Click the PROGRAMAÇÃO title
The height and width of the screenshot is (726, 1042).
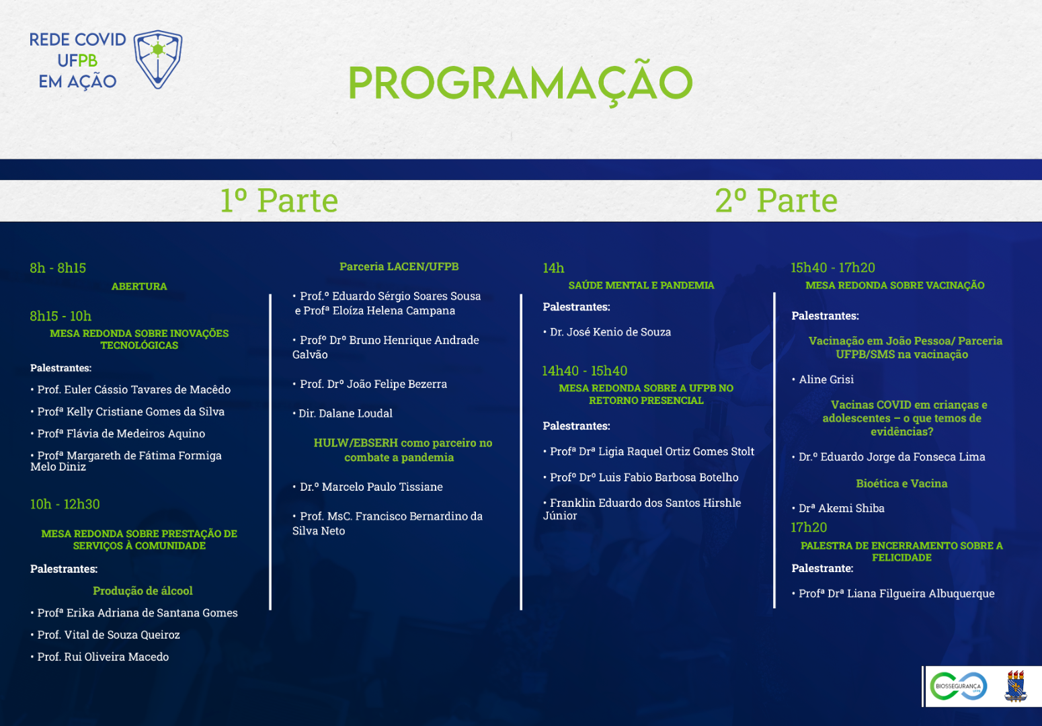(x=520, y=83)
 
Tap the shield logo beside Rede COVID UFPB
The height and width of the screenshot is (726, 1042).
(x=158, y=59)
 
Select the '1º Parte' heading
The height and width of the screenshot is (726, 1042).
(x=279, y=200)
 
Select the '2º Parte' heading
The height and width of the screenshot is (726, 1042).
(x=776, y=200)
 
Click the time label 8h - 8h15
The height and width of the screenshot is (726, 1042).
(x=58, y=268)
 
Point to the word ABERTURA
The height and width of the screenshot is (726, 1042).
(x=139, y=286)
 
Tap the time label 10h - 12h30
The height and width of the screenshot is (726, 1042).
(x=65, y=504)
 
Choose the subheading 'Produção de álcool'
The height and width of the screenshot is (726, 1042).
(x=143, y=591)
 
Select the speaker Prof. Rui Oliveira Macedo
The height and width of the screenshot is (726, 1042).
(x=103, y=657)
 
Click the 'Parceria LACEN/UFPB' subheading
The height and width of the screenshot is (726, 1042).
(x=399, y=267)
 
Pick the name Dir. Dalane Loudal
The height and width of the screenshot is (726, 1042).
(x=345, y=413)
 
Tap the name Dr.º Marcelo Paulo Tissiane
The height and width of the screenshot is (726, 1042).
(x=370, y=487)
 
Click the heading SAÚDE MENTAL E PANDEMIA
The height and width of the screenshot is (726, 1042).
(x=641, y=286)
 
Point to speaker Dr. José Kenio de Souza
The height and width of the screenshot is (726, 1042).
(x=610, y=332)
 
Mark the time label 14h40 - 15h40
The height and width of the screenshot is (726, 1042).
(x=584, y=371)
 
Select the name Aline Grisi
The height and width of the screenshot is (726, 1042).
(x=826, y=380)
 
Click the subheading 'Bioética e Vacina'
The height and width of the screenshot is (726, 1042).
(x=901, y=483)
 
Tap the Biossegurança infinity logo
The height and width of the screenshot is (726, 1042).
(x=958, y=686)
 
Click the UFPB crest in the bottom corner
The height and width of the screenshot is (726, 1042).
(x=1015, y=686)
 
